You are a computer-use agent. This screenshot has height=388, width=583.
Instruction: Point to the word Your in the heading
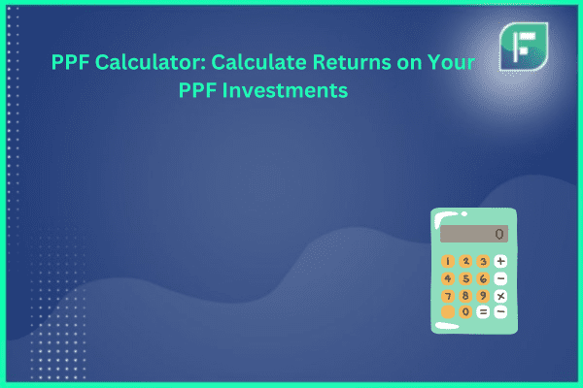coord(451,62)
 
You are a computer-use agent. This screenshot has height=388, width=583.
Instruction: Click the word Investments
coord(285,90)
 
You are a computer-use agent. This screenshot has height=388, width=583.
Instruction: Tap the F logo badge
coord(524,47)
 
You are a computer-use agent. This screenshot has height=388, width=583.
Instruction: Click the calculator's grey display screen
coord(474,234)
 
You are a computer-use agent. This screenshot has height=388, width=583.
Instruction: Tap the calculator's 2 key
coord(465,261)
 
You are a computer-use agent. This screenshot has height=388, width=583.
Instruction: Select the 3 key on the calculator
coord(483,261)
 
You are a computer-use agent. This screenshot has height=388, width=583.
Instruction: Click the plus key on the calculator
coord(500,261)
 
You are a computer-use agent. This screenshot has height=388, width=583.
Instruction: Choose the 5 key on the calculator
coord(465,278)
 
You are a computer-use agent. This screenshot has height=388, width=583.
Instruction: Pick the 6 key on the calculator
coord(483,278)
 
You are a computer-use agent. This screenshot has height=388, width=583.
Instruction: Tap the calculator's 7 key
coord(448,296)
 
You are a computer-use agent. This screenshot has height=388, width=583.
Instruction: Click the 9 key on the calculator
coord(483,296)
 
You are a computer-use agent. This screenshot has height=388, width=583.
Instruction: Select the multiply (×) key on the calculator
coord(500,296)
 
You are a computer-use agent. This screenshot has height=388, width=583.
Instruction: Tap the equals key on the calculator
coord(483,312)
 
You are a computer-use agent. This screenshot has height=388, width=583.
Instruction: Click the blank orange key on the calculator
coord(448,312)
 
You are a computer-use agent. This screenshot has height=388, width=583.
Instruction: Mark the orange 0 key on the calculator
coord(465,312)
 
